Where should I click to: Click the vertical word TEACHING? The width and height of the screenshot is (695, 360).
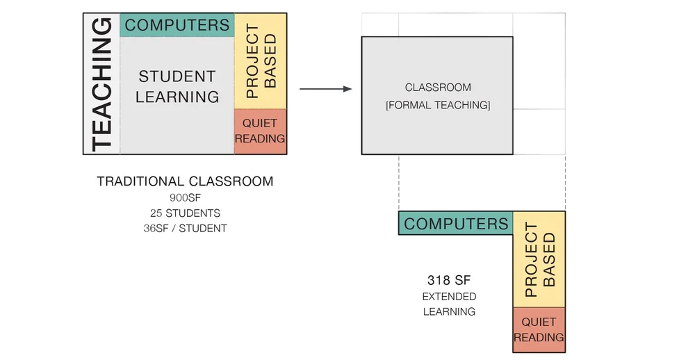tap(101, 83)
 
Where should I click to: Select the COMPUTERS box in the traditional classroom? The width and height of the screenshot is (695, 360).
tap(177, 25)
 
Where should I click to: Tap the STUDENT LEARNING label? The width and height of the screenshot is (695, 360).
tap(177, 86)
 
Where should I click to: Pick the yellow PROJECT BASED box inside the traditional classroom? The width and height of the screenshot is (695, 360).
tap(261, 61)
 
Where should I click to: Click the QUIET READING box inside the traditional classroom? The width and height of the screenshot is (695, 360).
tap(260, 131)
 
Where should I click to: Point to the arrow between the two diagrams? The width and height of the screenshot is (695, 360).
tap(325, 89)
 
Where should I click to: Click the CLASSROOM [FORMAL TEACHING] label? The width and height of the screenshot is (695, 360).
tap(438, 96)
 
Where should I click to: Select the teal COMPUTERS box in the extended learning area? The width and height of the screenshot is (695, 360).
tap(456, 224)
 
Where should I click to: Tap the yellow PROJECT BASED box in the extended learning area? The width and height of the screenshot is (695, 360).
tap(539, 259)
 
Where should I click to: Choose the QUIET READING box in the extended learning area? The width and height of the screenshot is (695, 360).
tap(539, 329)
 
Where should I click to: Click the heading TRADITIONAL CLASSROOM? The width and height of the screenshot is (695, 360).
tap(185, 181)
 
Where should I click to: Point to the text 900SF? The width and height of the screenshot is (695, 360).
tap(185, 198)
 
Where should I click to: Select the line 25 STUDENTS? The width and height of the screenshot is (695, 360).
tap(185, 213)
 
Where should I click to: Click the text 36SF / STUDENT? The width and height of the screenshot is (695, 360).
tap(185, 228)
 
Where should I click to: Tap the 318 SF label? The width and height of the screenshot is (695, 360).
tap(449, 280)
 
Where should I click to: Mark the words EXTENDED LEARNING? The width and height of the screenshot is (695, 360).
tap(449, 304)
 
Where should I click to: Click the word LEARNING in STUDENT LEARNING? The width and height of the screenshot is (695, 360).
tap(177, 97)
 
